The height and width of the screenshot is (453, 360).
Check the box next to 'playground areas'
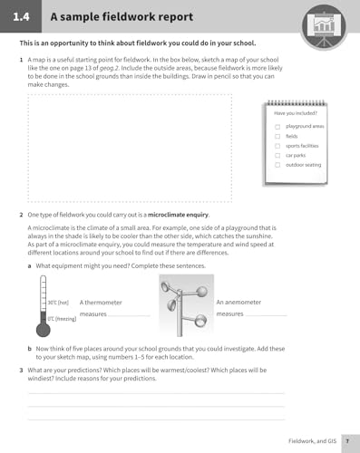pyautogui.click(x=277, y=126)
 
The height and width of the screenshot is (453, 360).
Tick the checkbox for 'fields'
pyautogui.click(x=277, y=136)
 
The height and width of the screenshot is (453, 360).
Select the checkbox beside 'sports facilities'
pyautogui.click(x=277, y=145)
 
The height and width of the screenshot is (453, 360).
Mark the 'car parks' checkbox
pyautogui.click(x=277, y=155)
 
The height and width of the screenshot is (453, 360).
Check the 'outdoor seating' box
pyautogui.click(x=277, y=165)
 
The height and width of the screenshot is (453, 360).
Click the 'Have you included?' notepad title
pyautogui.click(x=294, y=112)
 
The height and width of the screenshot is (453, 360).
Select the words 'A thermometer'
pyautogui.click(x=101, y=302)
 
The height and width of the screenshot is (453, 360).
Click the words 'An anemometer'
pyautogui.click(x=238, y=301)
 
